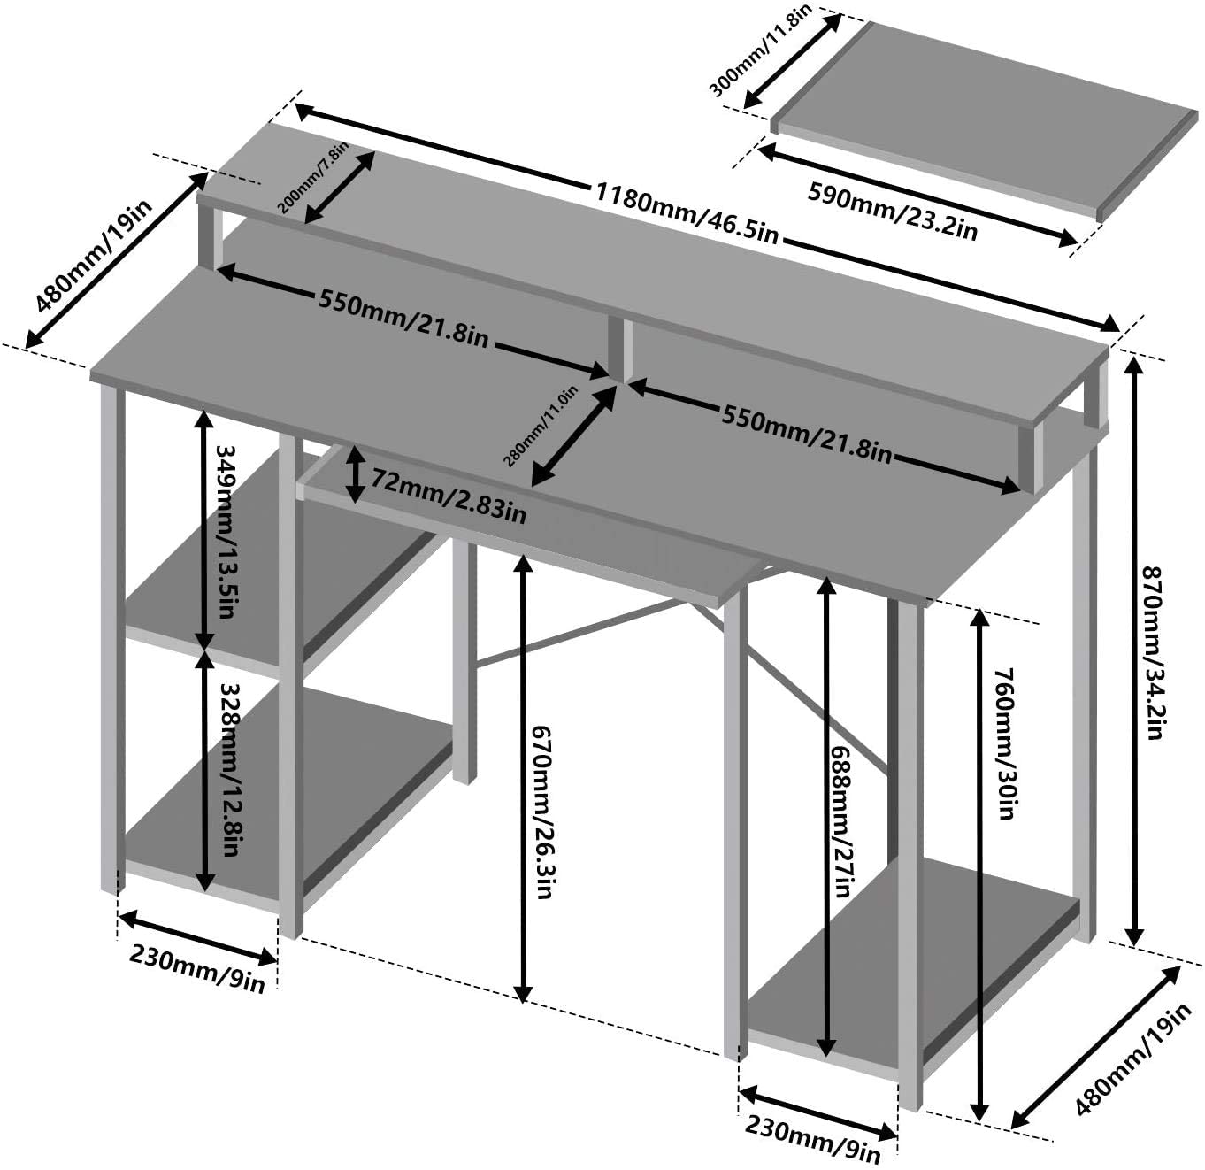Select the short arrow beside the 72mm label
click(355, 475)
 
